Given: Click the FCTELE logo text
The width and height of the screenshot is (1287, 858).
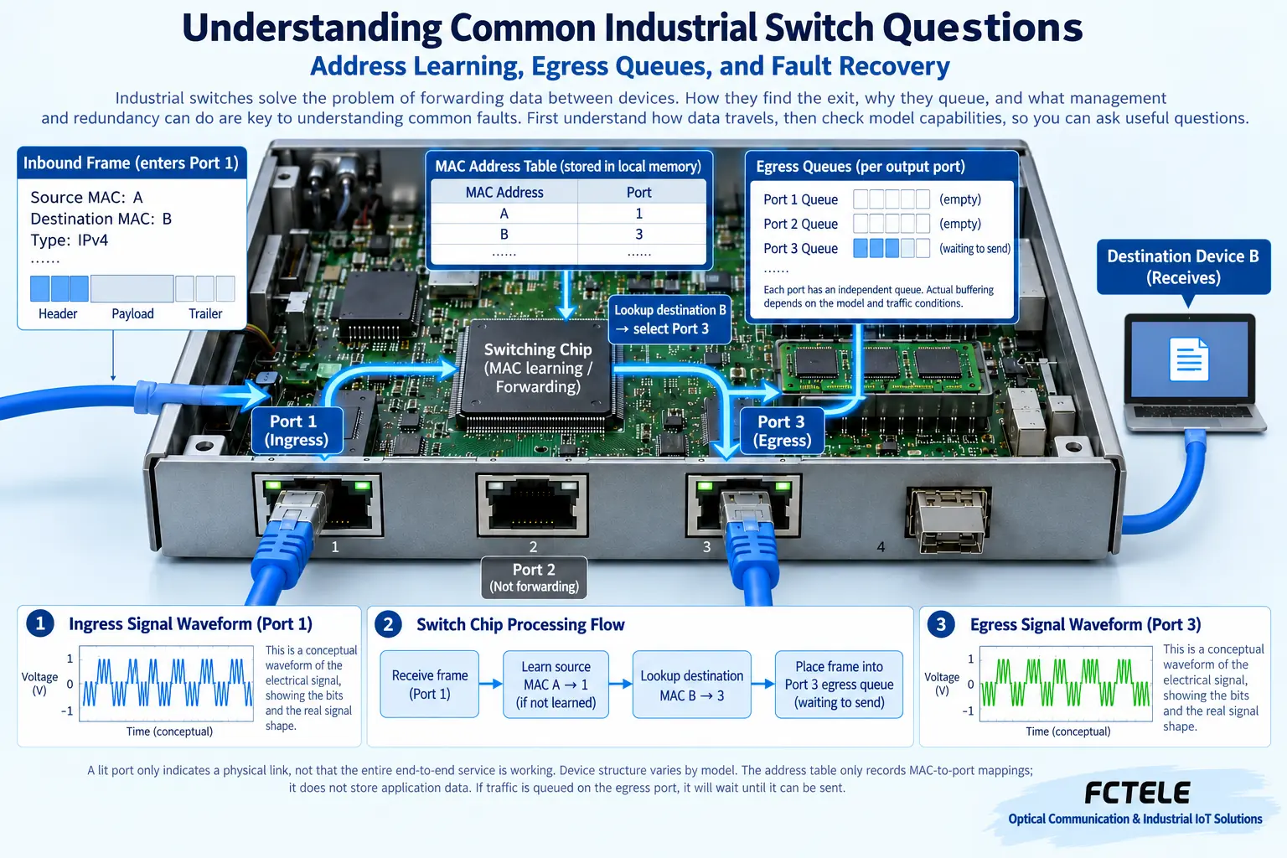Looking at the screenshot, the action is pos(1137,793).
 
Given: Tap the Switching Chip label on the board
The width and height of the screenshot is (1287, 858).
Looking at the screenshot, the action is pos(538,368).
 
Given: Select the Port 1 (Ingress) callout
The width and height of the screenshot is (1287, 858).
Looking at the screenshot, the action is pos(297,431).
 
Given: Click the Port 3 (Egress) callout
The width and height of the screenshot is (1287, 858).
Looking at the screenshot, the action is pos(782,431).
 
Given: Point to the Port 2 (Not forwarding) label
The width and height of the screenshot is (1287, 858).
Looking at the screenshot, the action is pos(534,577).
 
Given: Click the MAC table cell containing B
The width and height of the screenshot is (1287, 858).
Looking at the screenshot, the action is pos(504,234).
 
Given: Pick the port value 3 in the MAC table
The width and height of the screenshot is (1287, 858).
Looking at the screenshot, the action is pos(639,234).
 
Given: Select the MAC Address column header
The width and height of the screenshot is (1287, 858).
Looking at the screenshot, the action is pos(504,192).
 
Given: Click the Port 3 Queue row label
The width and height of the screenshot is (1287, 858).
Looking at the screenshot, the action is pos(800,248).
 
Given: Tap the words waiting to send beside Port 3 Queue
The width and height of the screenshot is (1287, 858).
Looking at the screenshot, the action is pos(975,248).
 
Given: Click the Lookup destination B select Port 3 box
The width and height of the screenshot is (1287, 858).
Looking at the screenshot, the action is pos(670,319).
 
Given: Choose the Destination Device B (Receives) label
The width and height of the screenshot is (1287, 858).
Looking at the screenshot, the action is pos(1183,266).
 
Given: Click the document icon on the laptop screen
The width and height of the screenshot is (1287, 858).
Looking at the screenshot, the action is pos(1189,359).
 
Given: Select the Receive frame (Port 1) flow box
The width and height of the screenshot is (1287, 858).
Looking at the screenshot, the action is pos(430,684).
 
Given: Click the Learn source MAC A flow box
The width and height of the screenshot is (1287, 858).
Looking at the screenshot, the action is pos(556,684).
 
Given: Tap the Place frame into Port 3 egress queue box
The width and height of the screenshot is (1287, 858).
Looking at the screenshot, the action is pos(839,684).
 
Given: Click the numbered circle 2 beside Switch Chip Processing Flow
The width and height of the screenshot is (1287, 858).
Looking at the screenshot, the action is pos(389,624).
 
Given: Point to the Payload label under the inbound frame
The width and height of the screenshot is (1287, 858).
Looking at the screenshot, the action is pos(132,313).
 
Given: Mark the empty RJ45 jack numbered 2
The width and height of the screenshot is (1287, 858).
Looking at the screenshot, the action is pos(533,504).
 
